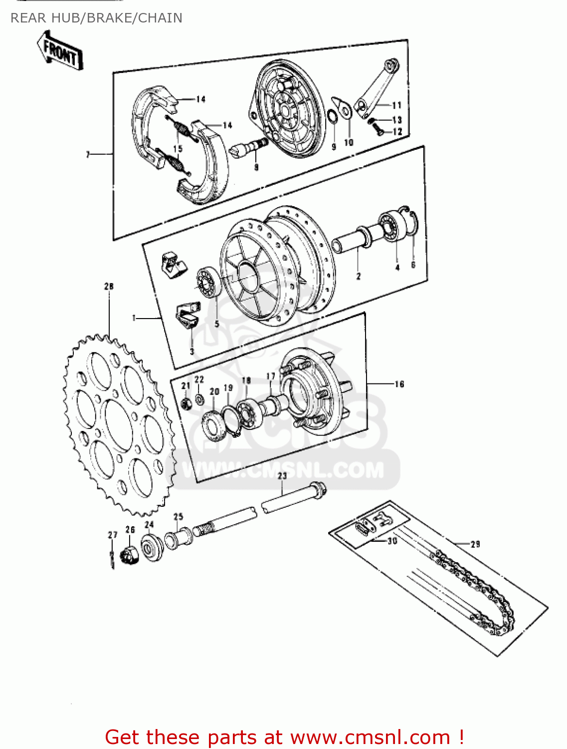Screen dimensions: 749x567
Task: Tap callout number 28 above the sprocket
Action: click(x=109, y=286)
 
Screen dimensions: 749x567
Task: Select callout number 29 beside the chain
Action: click(x=475, y=544)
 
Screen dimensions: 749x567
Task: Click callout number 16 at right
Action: click(x=399, y=383)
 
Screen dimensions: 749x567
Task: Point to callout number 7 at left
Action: click(x=88, y=155)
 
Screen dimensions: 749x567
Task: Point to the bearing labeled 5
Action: click(x=207, y=283)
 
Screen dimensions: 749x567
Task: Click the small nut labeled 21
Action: click(x=187, y=402)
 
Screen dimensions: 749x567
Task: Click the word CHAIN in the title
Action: click(x=160, y=18)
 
